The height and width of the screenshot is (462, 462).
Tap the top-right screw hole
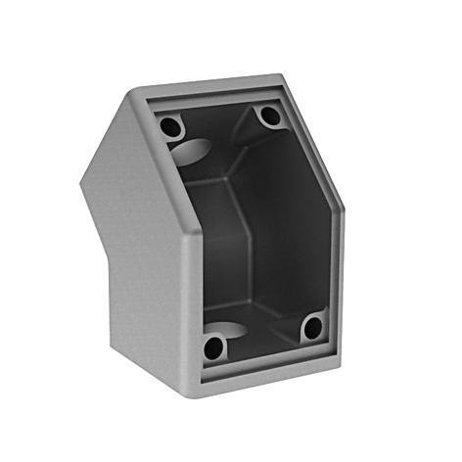(x=270, y=115)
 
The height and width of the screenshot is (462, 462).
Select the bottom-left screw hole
(x=213, y=346)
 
